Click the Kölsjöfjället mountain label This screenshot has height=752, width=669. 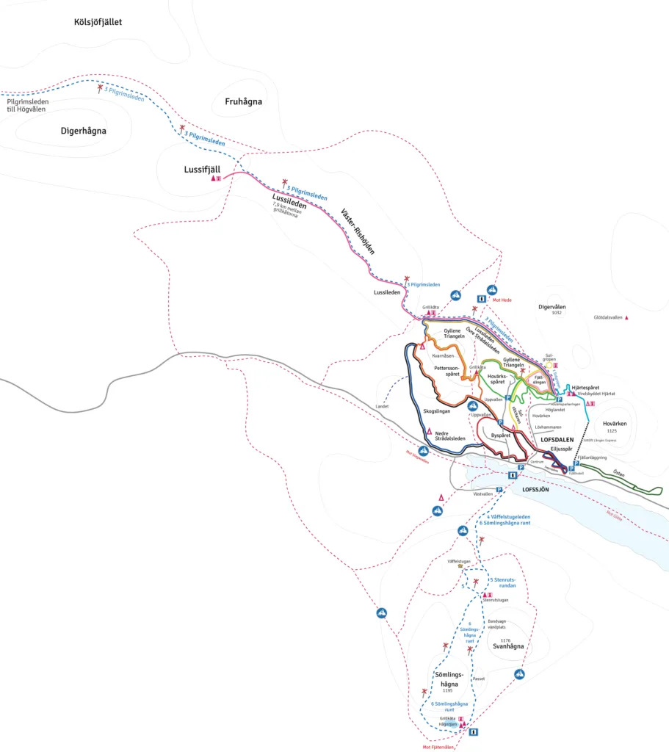pyautogui.click(x=98, y=22)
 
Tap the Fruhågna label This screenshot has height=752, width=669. pyautogui.click(x=243, y=101)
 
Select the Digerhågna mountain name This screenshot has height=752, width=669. pyautogui.click(x=83, y=131)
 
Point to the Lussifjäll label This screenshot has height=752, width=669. pyautogui.click(x=202, y=169)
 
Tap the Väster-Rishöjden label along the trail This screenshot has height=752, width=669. pyautogui.click(x=358, y=231)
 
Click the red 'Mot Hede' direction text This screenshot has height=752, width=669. pyautogui.click(x=502, y=300)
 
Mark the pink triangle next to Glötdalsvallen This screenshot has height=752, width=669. pyautogui.click(x=626, y=318)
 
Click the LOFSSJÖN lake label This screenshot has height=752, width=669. pyautogui.click(x=535, y=488)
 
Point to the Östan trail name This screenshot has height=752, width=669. pyautogui.click(x=619, y=474)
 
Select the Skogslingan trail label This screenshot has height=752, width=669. pyautogui.click(x=437, y=411)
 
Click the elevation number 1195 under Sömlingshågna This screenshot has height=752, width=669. pyautogui.click(x=447, y=691)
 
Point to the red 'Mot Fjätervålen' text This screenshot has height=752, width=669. pyautogui.click(x=439, y=747)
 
